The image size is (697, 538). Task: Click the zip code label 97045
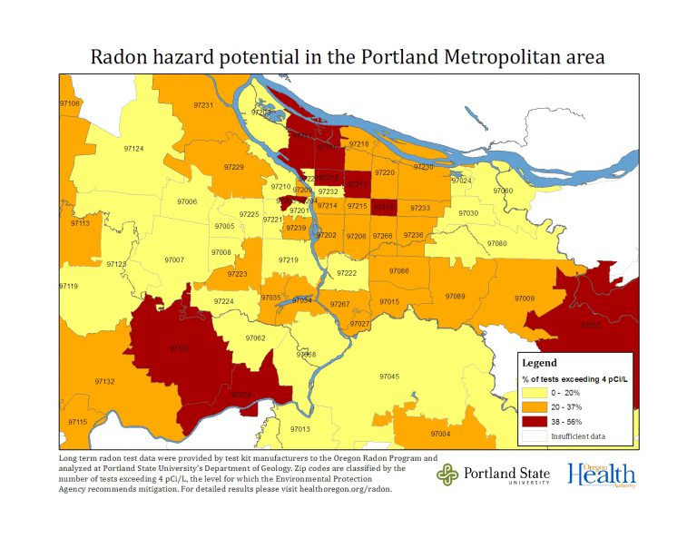click(388, 376)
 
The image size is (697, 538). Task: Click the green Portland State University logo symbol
click(447, 474)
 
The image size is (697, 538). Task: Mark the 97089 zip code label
click(455, 297)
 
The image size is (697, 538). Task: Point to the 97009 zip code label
click(525, 298)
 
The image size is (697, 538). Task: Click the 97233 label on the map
click(419, 208)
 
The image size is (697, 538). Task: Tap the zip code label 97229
click(233, 167)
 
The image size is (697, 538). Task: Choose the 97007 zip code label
click(174, 259)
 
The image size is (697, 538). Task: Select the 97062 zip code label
click(256, 337)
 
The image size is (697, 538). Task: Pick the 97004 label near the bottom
click(440, 434)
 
